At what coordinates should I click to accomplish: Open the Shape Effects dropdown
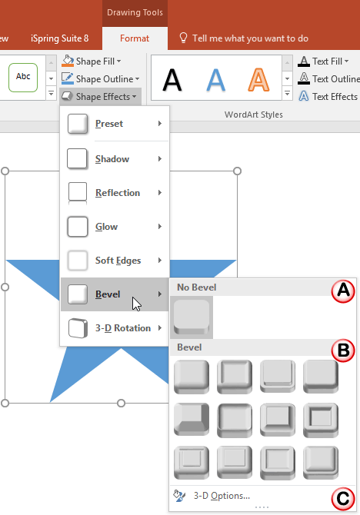coord(100,96)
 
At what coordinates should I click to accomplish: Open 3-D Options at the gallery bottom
coord(221,496)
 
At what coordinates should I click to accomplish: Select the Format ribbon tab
coord(135,38)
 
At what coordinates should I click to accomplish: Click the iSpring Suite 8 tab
coord(59,38)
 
